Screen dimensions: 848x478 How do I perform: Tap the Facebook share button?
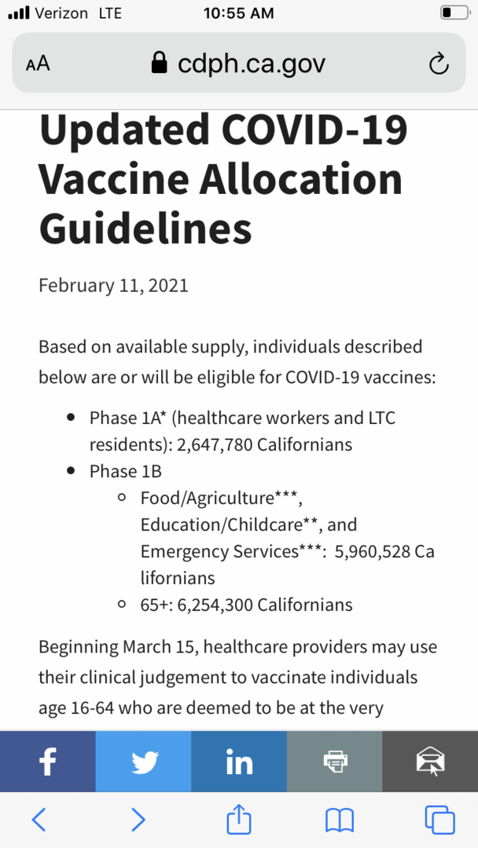(48, 761)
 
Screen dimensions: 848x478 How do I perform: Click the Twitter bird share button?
(144, 761)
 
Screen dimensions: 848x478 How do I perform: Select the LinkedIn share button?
(239, 761)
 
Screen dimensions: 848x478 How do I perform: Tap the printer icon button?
(335, 761)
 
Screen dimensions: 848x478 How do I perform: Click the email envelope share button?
(430, 761)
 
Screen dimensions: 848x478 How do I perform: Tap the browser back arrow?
(39, 820)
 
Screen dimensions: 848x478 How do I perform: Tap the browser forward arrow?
(138, 820)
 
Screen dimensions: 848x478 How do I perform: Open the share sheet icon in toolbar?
(238, 819)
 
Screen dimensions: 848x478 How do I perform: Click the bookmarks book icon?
(339, 820)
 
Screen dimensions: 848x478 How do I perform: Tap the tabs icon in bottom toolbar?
(439, 820)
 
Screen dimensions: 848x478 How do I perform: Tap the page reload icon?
(439, 64)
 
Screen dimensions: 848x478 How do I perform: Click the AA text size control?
(38, 64)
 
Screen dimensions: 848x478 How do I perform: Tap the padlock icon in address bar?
(160, 63)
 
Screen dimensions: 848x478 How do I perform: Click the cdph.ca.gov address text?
(251, 64)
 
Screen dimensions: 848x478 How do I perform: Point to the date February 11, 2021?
(113, 284)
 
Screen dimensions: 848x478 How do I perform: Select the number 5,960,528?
(372, 551)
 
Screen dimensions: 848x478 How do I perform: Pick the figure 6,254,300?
(215, 605)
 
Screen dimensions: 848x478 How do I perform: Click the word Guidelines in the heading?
(145, 228)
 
